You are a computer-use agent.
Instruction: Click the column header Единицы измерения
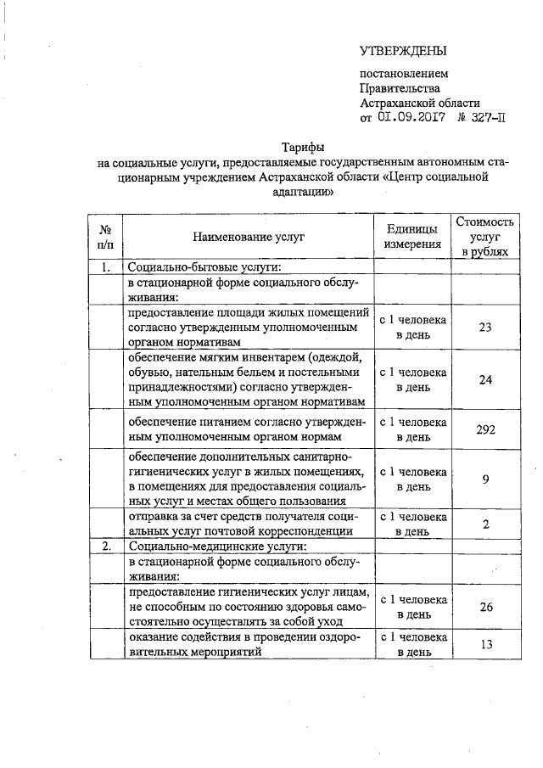coord(412,238)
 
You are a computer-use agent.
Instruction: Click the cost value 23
coord(485,328)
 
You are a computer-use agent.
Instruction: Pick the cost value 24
coord(485,379)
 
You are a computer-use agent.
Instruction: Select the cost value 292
coord(485,429)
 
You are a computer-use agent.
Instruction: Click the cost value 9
coord(485,479)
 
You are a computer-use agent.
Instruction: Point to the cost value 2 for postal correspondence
coord(485,524)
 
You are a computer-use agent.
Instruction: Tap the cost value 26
coord(485,607)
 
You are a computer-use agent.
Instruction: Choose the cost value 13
coord(485,644)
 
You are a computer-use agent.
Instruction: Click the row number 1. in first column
coord(106,267)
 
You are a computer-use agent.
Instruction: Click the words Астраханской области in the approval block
coord(419,102)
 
